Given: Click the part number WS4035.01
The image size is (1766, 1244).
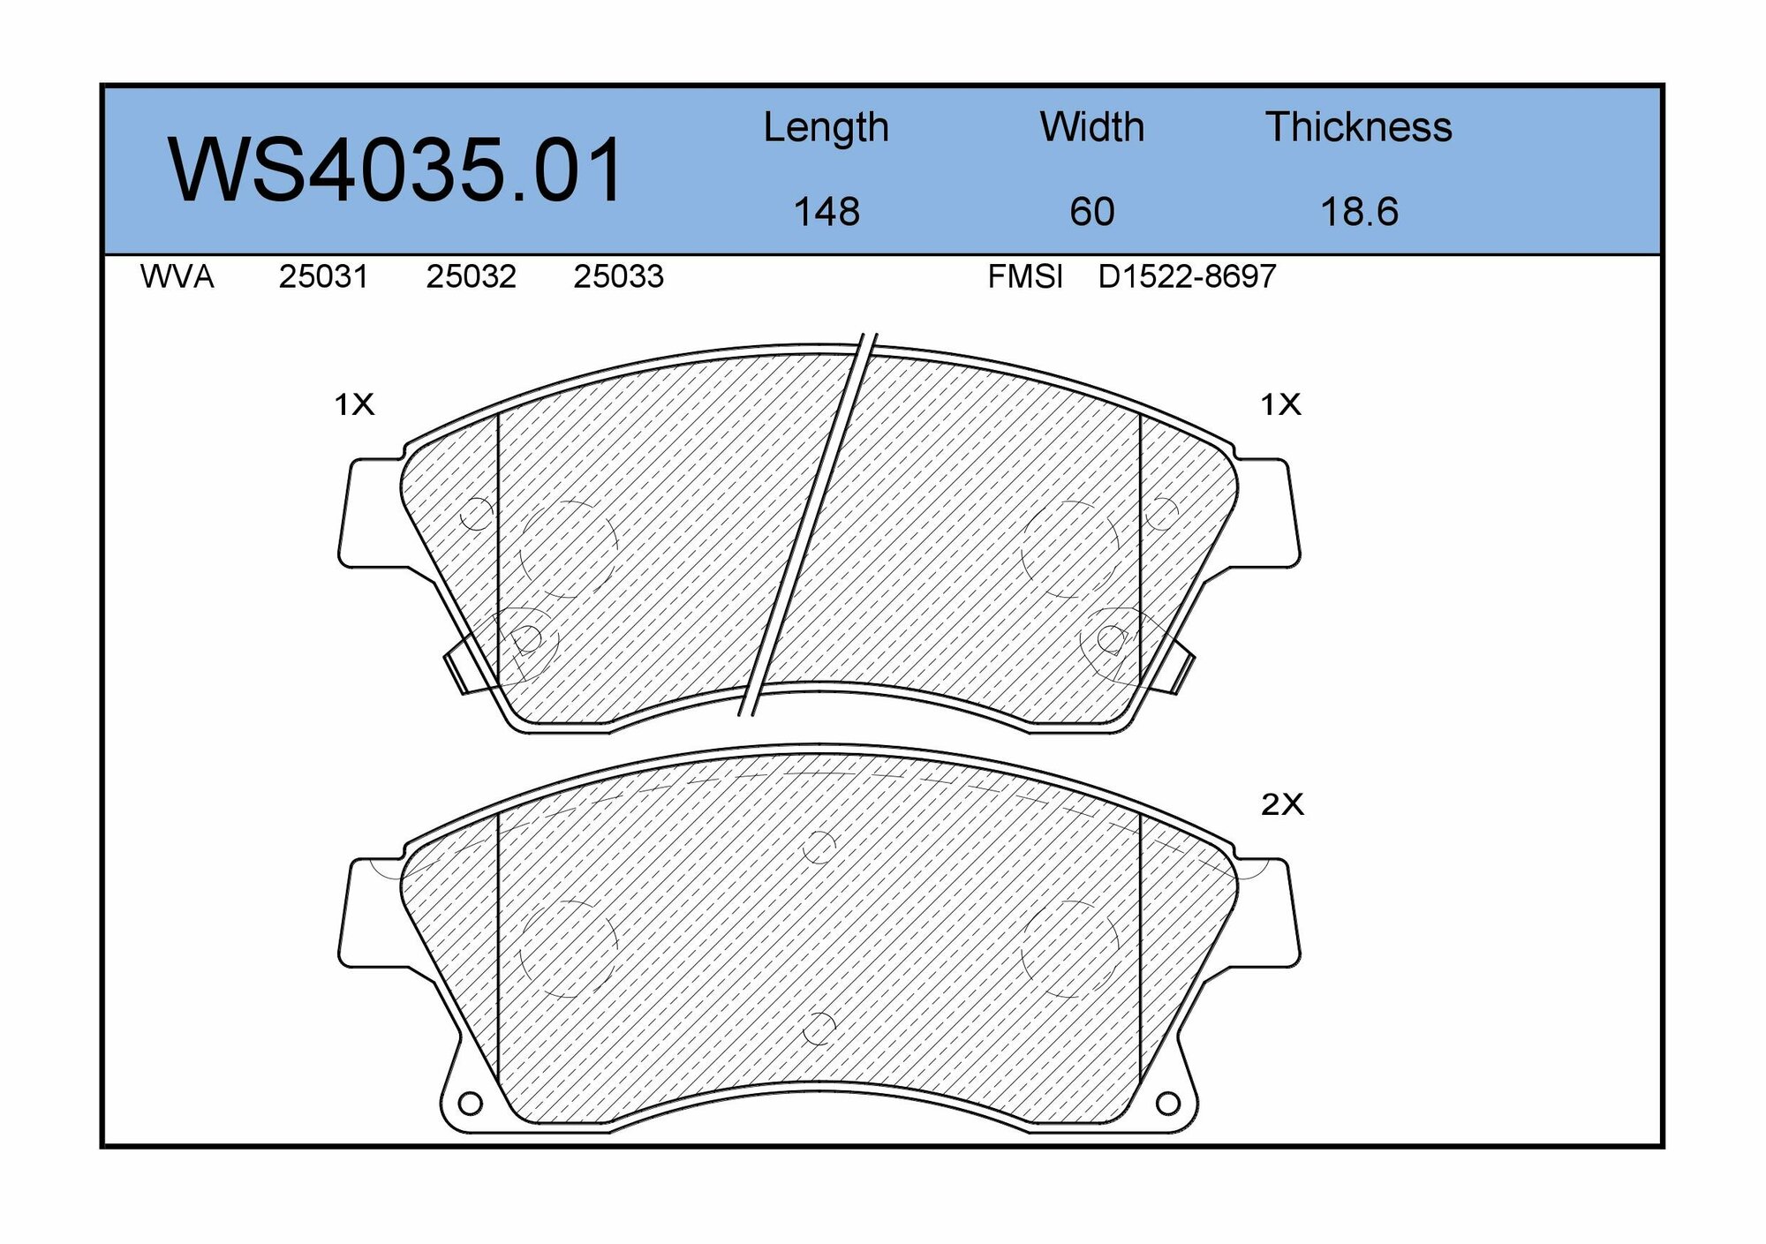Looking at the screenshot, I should click(396, 171).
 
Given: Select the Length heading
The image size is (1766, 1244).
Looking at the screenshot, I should click(826, 128).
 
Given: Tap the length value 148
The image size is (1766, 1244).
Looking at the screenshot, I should click(826, 212).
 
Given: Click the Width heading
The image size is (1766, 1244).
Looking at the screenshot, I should click(1091, 128).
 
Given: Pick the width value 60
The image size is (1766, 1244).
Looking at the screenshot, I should click(1092, 212).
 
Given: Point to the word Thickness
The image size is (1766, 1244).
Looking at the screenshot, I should click(1358, 128).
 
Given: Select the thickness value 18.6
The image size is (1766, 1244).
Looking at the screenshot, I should click(1359, 212).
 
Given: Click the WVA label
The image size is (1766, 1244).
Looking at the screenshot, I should click(177, 277).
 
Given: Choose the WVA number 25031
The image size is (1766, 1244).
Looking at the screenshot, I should click(323, 277).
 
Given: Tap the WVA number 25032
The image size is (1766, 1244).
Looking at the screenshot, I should click(471, 277).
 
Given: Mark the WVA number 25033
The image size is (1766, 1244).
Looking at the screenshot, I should click(618, 277).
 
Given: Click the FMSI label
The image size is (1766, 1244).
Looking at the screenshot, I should click(1024, 277).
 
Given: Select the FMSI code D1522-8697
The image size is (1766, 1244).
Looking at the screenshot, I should click(1187, 277).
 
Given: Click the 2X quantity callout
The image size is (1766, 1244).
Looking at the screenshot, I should click(1281, 804).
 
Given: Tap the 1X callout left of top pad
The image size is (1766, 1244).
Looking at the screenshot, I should click(354, 404).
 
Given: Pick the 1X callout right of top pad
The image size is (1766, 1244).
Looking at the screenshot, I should click(1280, 404).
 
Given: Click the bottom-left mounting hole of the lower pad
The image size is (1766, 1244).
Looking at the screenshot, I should click(471, 1104).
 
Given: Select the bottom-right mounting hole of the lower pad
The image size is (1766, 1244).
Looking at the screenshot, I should click(1167, 1104).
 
